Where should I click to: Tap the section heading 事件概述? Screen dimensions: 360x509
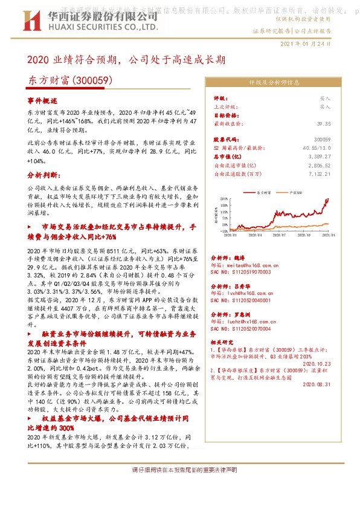[42, 100]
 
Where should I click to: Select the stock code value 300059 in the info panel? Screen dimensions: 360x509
[322, 139]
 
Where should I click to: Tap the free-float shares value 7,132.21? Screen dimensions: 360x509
[319, 173]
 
